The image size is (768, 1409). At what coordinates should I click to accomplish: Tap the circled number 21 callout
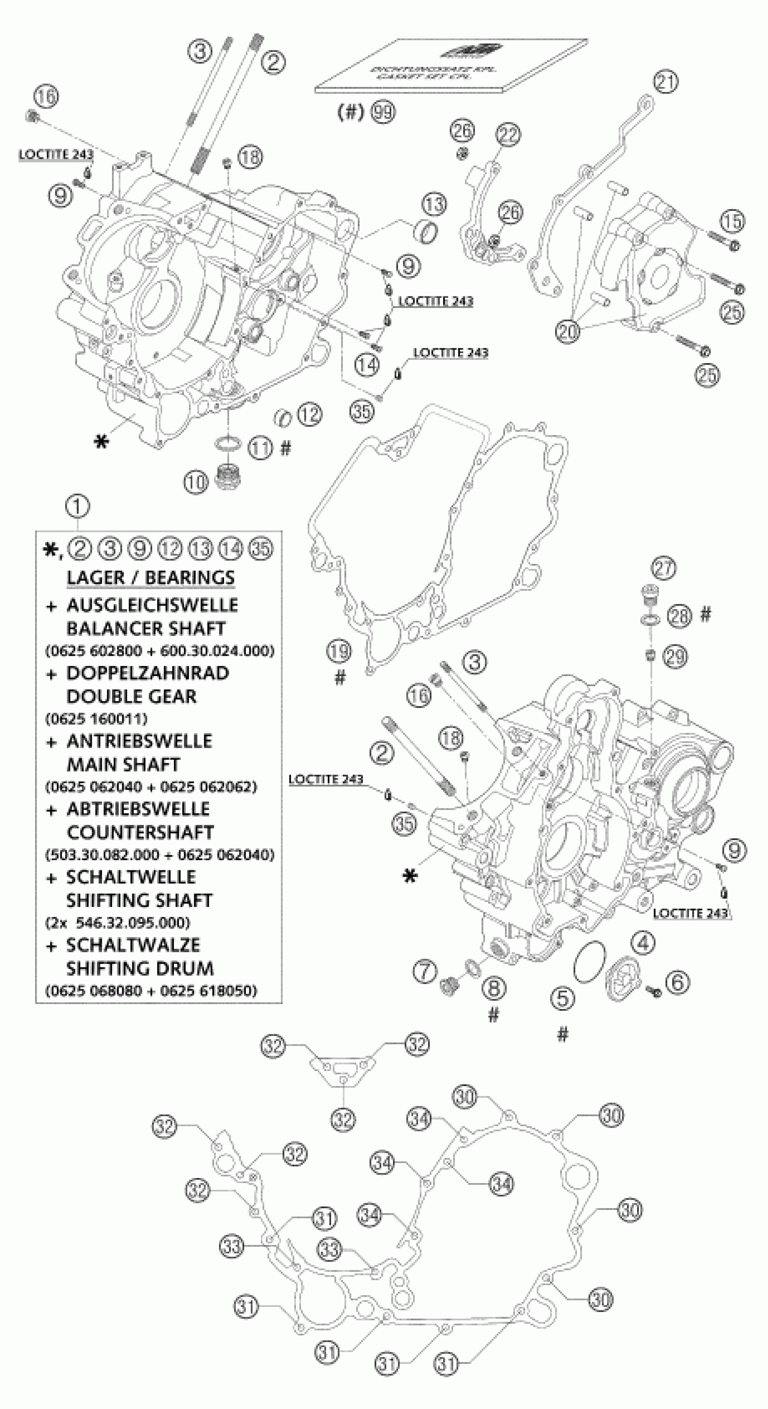tap(666, 82)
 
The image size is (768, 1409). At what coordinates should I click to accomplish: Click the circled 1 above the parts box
tap(78, 507)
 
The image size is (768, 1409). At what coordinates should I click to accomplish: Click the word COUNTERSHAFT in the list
tap(140, 832)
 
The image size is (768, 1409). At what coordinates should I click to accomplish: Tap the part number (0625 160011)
tap(96, 718)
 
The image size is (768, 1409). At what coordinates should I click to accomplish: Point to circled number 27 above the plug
tap(664, 569)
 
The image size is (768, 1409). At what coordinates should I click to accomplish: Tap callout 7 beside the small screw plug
tap(425, 972)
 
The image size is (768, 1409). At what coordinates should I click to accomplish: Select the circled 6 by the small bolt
tap(677, 982)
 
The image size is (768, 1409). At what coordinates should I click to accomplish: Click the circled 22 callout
tap(509, 135)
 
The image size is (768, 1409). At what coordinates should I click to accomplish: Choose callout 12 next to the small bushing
tap(309, 414)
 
